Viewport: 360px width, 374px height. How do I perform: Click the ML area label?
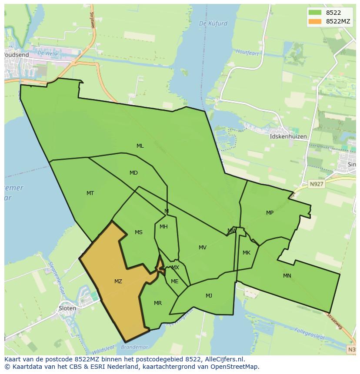(x=140, y=146)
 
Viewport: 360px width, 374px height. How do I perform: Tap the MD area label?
(x=133, y=173)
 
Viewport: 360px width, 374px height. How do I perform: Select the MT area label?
(x=90, y=193)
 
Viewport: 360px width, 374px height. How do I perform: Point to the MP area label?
(x=270, y=213)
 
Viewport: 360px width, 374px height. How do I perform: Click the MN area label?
(x=287, y=276)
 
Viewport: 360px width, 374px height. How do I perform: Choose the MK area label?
(x=247, y=253)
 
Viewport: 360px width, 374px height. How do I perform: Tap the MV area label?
(x=203, y=248)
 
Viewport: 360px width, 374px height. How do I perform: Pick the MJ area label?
(x=209, y=296)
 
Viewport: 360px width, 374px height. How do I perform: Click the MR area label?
(x=158, y=303)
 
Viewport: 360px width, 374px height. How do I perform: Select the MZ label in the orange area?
(x=118, y=281)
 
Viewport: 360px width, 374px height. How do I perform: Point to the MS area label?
(x=139, y=232)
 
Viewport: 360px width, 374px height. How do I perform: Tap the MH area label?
(x=163, y=227)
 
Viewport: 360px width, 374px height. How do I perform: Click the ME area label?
(x=175, y=281)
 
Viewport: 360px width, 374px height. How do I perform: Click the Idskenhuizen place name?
(x=288, y=136)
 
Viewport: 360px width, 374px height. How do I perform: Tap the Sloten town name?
(x=67, y=308)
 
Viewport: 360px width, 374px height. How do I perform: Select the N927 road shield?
(x=317, y=184)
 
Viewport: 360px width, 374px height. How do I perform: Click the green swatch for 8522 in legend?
(x=315, y=13)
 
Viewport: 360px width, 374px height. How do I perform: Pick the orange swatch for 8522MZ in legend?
(x=315, y=21)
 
